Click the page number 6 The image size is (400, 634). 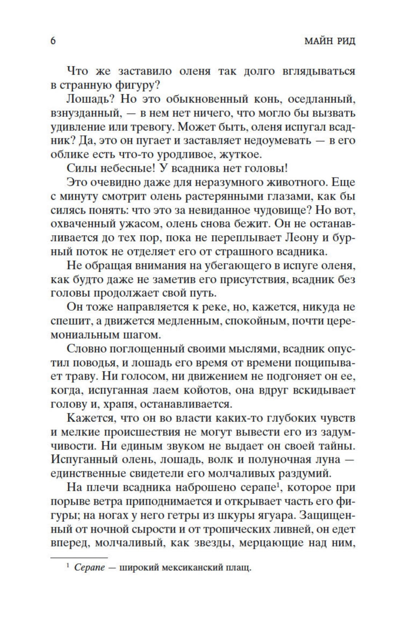[53, 41]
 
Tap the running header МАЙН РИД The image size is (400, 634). [329, 41]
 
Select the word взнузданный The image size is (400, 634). [85, 113]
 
